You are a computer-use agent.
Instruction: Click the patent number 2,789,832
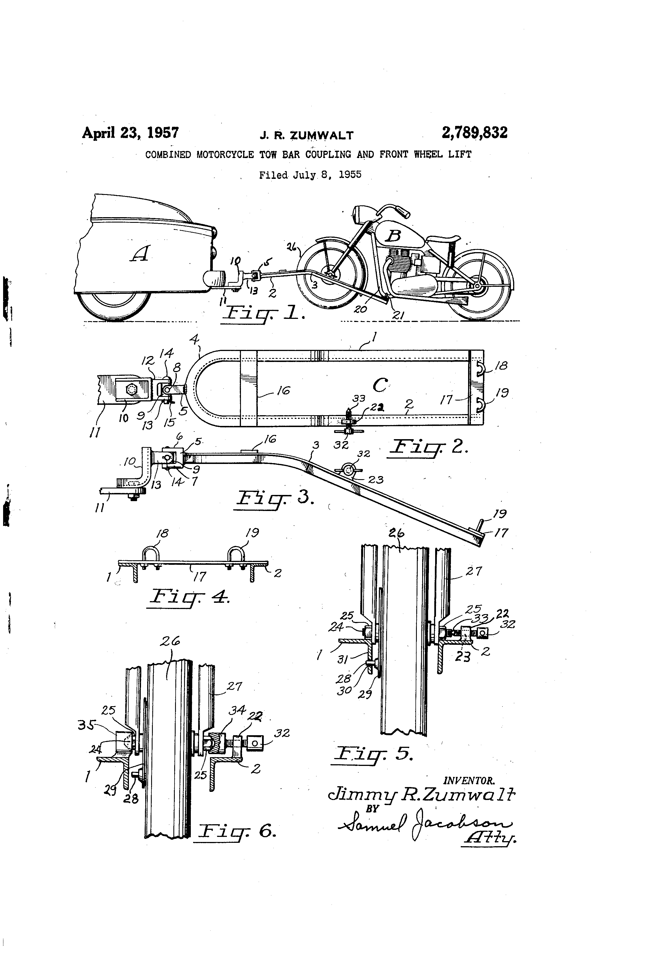click(474, 133)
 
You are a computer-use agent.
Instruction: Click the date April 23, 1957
click(130, 133)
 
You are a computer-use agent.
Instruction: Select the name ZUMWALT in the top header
click(321, 135)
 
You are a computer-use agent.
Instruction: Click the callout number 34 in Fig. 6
click(237, 710)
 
